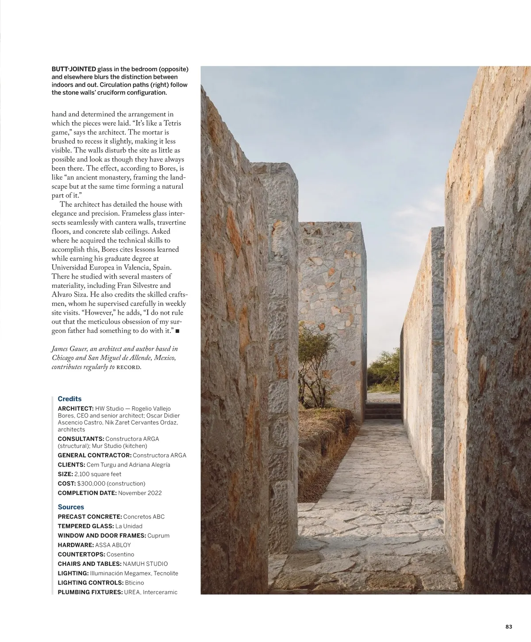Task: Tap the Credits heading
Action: coord(69,399)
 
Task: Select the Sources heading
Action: coord(71,507)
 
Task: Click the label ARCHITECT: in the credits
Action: coord(76,409)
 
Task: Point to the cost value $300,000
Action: coord(91,483)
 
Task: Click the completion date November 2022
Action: coord(140,493)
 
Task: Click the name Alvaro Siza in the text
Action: coord(67,295)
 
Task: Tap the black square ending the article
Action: coord(177,331)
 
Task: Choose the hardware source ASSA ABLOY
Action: coord(113,545)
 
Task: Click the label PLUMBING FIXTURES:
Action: coord(90,592)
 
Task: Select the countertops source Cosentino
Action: coord(120,554)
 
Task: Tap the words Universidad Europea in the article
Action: coord(83,268)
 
